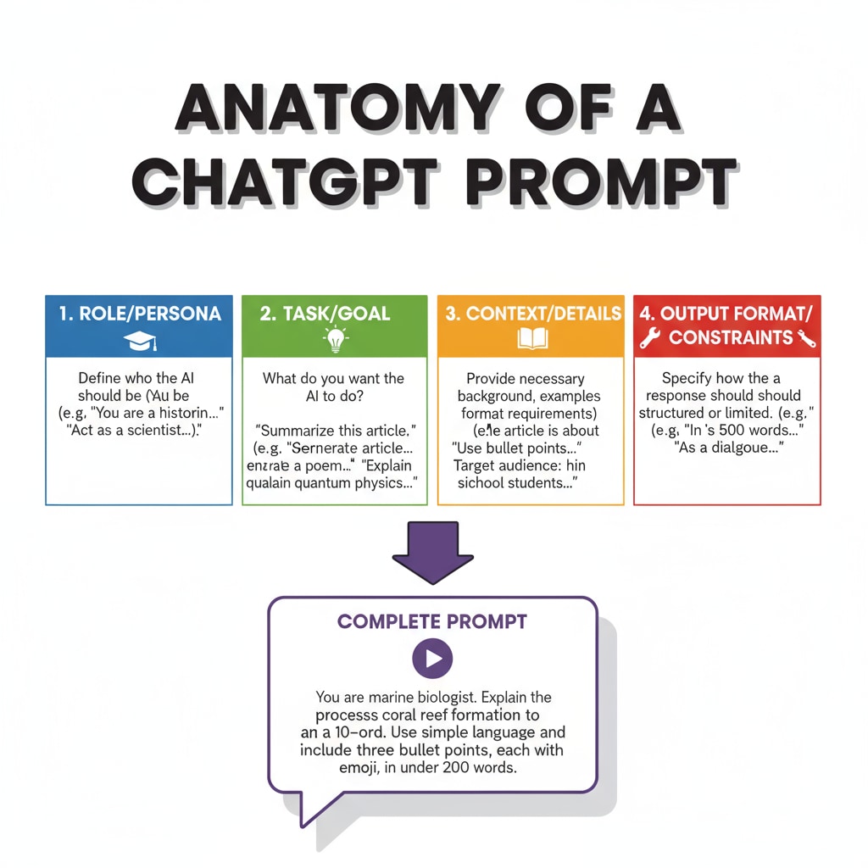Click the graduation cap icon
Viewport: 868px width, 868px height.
coord(140,341)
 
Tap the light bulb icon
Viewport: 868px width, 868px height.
coord(336,341)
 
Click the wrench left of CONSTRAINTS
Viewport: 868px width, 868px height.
coord(650,338)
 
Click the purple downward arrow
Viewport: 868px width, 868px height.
coord(434,553)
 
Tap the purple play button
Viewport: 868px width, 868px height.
coord(432,658)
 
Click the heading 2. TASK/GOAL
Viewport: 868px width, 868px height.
coord(325,313)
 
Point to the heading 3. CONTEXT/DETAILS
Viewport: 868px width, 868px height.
coord(532,313)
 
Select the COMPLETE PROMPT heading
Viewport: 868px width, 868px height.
coord(432,621)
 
